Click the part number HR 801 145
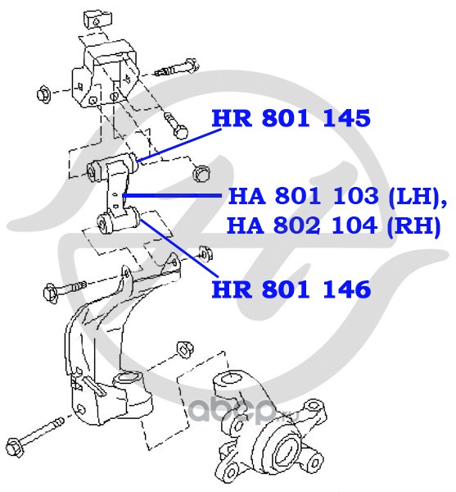tap(291, 118)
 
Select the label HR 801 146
tap(291, 289)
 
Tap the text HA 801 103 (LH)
tap(337, 197)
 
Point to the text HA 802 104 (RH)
tap(334, 226)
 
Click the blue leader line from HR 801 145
tap(178, 145)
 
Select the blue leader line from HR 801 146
tap(179, 248)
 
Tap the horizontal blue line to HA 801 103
tap(172, 195)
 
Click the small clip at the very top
tap(97, 20)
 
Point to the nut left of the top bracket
tap(44, 93)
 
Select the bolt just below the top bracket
tap(175, 126)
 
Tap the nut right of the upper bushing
tap(201, 174)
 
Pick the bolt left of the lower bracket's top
tap(65, 289)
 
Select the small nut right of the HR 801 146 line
tap(205, 253)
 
